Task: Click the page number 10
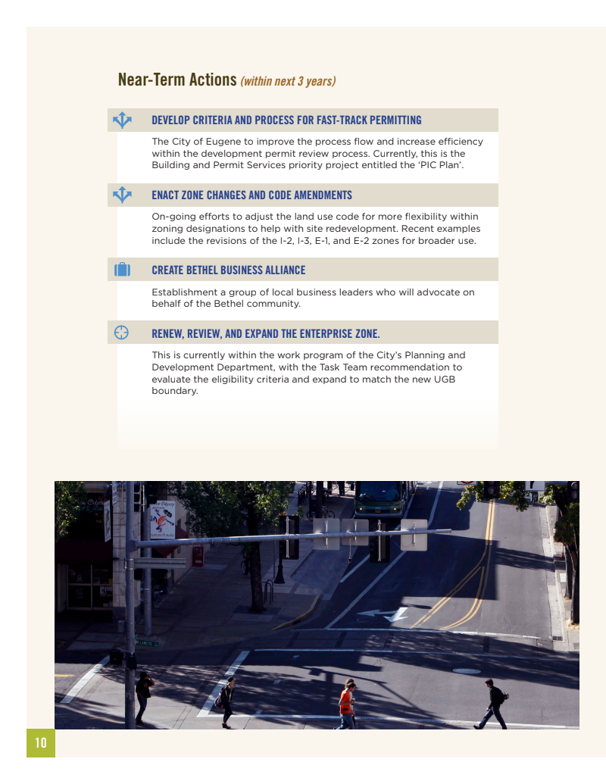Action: click(41, 743)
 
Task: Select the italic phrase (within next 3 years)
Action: click(288, 81)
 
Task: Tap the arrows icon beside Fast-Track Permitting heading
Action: click(122, 120)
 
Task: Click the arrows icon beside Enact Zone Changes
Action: click(122, 195)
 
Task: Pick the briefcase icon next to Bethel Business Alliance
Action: click(122, 270)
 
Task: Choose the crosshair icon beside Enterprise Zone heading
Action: click(121, 333)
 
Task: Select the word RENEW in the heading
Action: click(167, 333)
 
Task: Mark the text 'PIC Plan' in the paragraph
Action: click(440, 164)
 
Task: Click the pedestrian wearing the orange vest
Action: click(346, 704)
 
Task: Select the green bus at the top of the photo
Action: click(385, 497)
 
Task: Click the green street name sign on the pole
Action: click(147, 643)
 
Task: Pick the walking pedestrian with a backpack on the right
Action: click(495, 703)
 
